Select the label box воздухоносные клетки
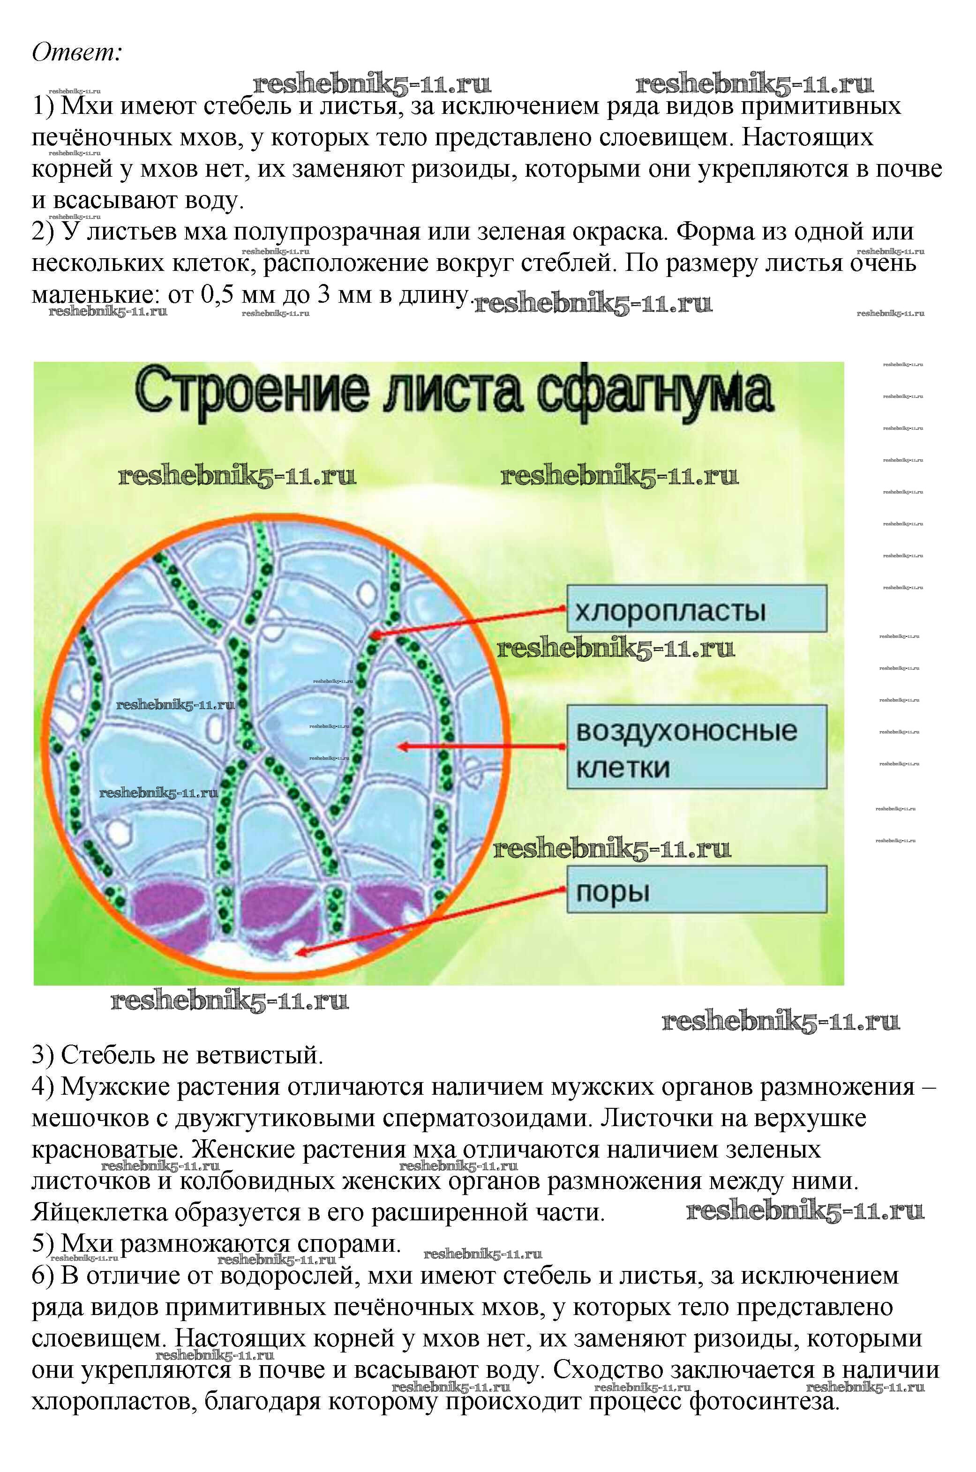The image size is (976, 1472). pyautogui.click(x=696, y=747)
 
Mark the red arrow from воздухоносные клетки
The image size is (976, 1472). pyautogui.click(x=482, y=746)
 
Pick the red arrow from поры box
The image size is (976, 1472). pyautogui.click(x=429, y=921)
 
